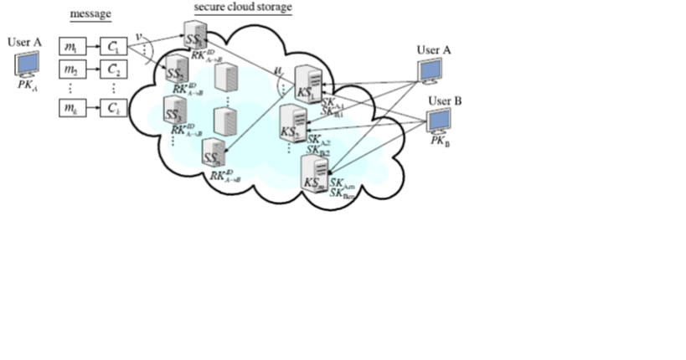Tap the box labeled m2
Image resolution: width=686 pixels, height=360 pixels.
click(x=73, y=68)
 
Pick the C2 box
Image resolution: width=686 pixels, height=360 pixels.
click(x=112, y=68)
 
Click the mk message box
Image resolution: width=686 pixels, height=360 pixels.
click(x=73, y=108)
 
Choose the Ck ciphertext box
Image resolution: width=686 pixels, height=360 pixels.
click(x=112, y=108)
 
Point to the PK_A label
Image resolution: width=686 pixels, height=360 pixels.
click(x=27, y=83)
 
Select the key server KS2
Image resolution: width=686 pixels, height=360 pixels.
click(x=291, y=125)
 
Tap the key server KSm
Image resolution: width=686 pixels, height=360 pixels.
click(x=314, y=174)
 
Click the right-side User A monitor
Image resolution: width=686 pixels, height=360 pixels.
click(x=432, y=70)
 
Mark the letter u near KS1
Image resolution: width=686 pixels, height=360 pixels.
click(x=276, y=73)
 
